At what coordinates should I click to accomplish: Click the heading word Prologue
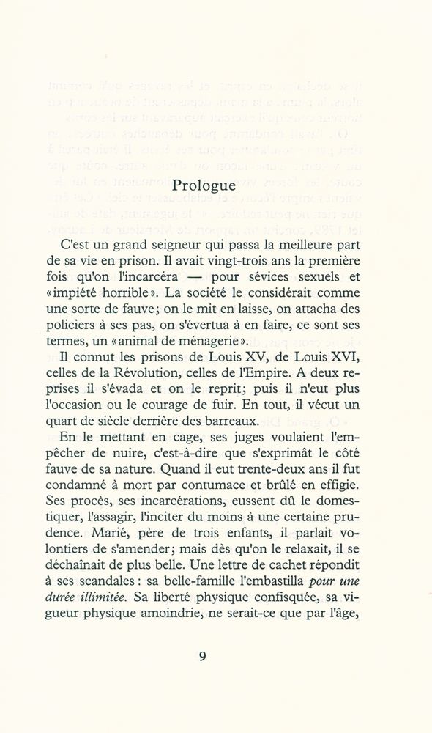(204, 185)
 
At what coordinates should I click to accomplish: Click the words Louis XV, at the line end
(265, 360)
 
